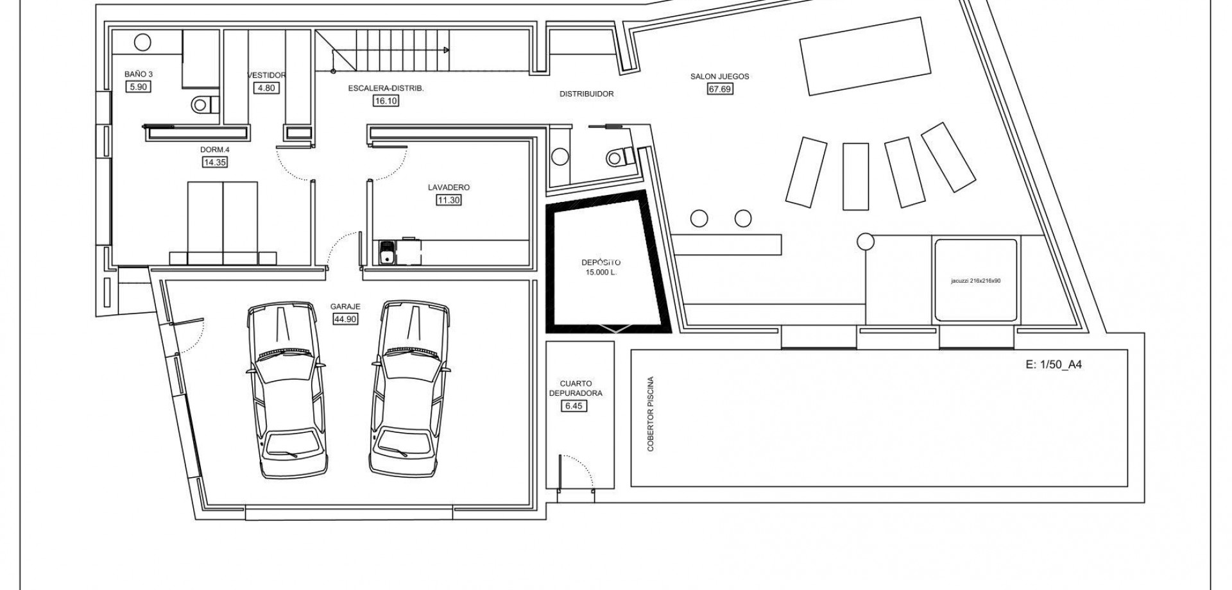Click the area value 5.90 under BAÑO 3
point(138,87)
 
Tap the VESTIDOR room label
point(266,75)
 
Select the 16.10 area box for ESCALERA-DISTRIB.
point(386,101)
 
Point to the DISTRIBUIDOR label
point(586,94)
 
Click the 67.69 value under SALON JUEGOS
point(719,89)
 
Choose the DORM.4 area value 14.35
point(214,162)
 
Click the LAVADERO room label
point(449,187)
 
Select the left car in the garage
point(285,390)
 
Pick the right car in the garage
point(409,389)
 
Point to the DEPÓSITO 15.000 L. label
point(601,267)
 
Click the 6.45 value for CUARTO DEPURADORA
point(575,406)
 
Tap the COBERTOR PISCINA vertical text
point(651,414)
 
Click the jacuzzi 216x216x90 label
point(975,281)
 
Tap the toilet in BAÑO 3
point(205,105)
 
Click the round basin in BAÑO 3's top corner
point(142,42)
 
